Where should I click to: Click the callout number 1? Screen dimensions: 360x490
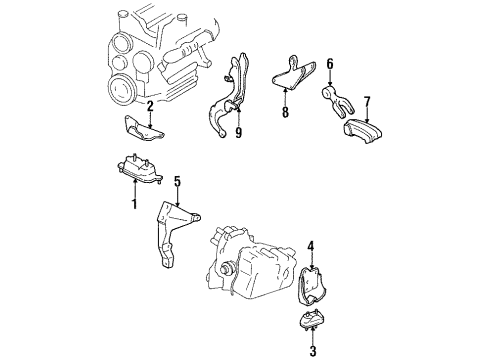click(x=133, y=204)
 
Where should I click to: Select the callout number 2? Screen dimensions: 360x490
click(x=149, y=105)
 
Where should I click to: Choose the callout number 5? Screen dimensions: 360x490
click(x=177, y=181)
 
